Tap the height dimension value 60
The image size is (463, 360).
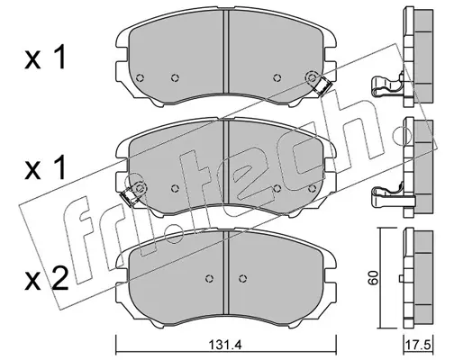pos(373,278)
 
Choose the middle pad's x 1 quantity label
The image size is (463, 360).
pos(45,168)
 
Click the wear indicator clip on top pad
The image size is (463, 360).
pos(322,86)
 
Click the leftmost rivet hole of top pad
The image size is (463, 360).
pos(140,78)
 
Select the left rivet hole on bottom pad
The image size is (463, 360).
pos(210,279)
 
